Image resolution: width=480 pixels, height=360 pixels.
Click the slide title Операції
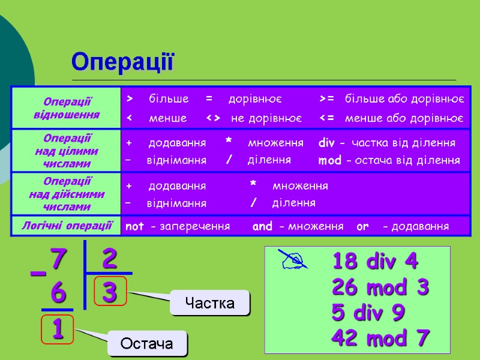pos(122,61)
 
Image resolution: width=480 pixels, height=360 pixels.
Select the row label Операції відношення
pos(67,108)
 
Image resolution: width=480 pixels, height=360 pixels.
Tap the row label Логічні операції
pos(67,225)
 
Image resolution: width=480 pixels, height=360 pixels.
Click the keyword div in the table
pos(326,143)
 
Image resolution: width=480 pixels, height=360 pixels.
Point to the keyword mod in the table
pos(329,160)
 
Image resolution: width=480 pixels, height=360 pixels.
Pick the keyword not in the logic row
pos(134,226)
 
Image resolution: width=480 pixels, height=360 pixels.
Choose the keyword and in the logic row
pos(262,226)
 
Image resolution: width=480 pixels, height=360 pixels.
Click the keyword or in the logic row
pos(362,226)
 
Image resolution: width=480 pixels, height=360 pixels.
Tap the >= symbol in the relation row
pos(327,98)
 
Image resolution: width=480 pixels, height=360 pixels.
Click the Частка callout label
pos(209,303)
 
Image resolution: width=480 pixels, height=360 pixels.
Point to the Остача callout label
pos(147,344)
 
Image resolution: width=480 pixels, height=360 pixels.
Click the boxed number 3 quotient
pos(110,292)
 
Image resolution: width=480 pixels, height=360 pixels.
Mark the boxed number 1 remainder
pos(58,329)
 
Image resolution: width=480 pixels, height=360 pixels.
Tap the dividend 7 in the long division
pos(57,260)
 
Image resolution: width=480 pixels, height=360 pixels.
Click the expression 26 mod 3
pos(380,287)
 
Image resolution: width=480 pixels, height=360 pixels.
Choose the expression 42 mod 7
pos(380,338)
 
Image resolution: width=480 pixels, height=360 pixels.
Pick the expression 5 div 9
pos(368,313)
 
